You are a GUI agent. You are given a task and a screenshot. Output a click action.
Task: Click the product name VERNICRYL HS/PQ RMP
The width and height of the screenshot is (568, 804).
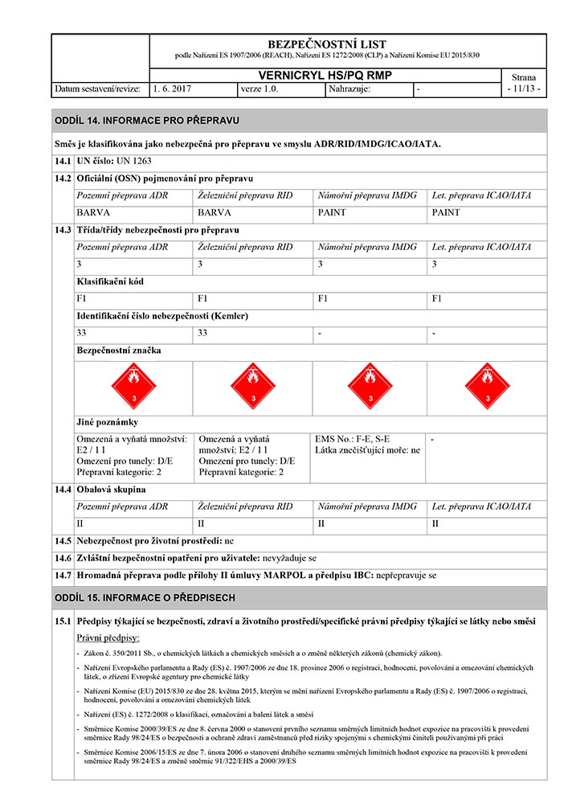(x=327, y=76)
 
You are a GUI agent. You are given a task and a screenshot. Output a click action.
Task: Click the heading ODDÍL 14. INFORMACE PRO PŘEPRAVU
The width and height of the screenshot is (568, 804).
(x=146, y=121)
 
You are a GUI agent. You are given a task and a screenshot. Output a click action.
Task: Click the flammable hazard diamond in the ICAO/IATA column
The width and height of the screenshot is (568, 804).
(x=485, y=386)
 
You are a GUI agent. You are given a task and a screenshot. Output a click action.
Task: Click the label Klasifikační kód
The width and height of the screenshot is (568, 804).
(x=110, y=282)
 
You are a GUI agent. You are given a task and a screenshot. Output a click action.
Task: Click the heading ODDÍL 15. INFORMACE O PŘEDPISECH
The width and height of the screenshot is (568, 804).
(x=145, y=598)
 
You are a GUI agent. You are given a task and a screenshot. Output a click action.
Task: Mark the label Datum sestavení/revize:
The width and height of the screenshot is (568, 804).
(x=98, y=88)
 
